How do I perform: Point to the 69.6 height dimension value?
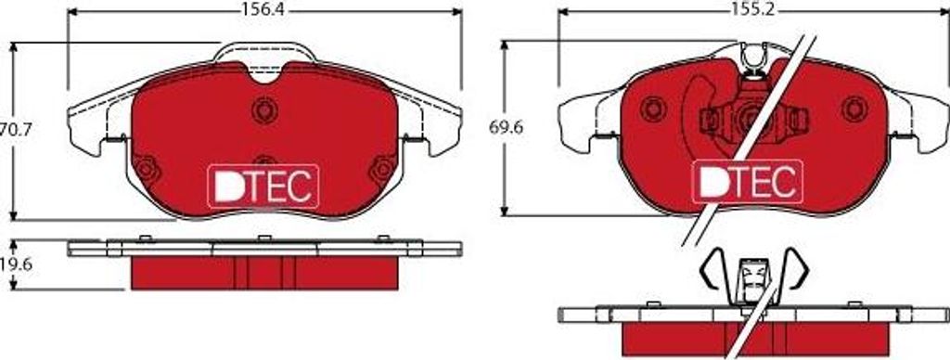point(506,128)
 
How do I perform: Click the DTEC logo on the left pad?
point(263,185)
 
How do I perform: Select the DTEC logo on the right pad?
point(747,181)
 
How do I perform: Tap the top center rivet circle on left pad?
point(264,110)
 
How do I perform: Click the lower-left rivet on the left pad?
point(147,170)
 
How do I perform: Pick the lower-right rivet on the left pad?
point(383,170)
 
